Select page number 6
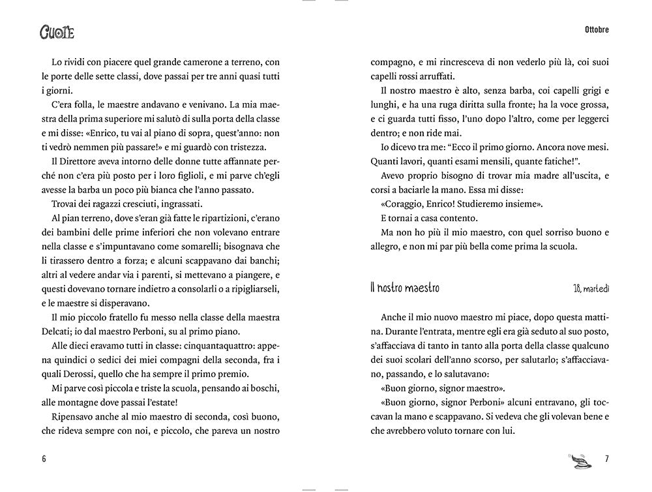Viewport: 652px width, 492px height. point(44,457)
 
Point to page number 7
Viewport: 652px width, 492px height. point(607,457)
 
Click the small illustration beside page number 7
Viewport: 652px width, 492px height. point(576,459)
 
